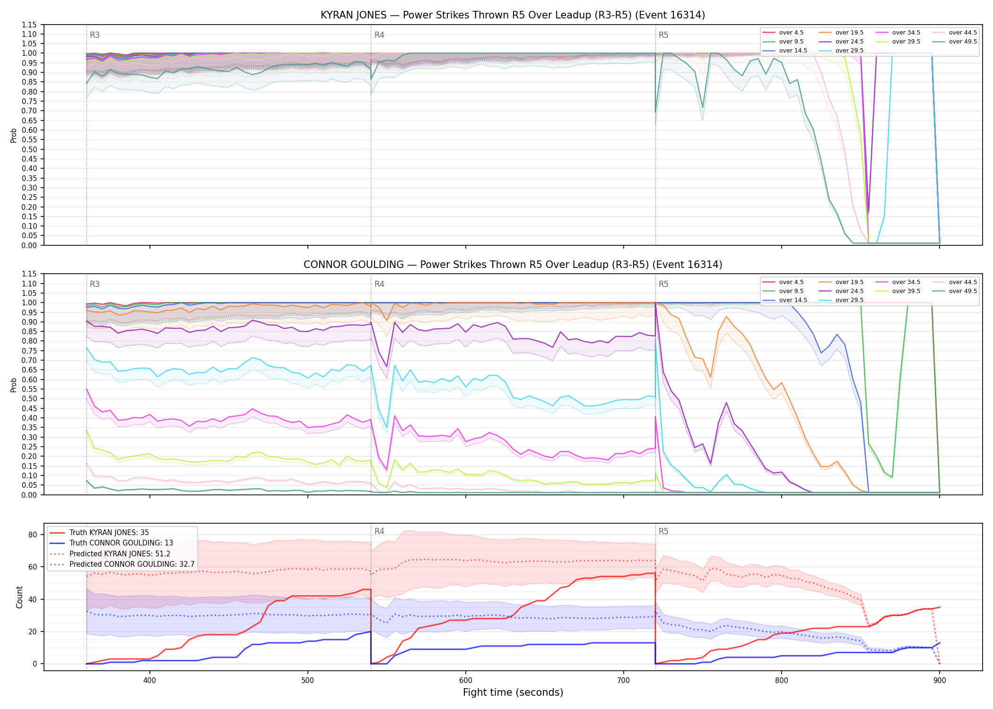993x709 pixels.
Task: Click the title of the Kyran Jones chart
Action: [513, 15]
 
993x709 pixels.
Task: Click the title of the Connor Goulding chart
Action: [513, 265]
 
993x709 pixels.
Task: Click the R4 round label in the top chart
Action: [379, 35]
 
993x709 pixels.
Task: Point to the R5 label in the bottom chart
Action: [663, 531]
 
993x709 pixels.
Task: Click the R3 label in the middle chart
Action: [95, 284]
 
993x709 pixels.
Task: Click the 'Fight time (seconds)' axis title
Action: [513, 692]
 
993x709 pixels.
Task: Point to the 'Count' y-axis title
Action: [19, 597]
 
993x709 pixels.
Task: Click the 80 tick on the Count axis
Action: [33, 535]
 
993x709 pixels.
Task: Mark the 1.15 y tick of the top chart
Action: [29, 25]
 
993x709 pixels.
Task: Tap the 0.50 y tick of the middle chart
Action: [29, 398]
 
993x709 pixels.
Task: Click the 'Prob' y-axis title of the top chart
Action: [14, 135]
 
